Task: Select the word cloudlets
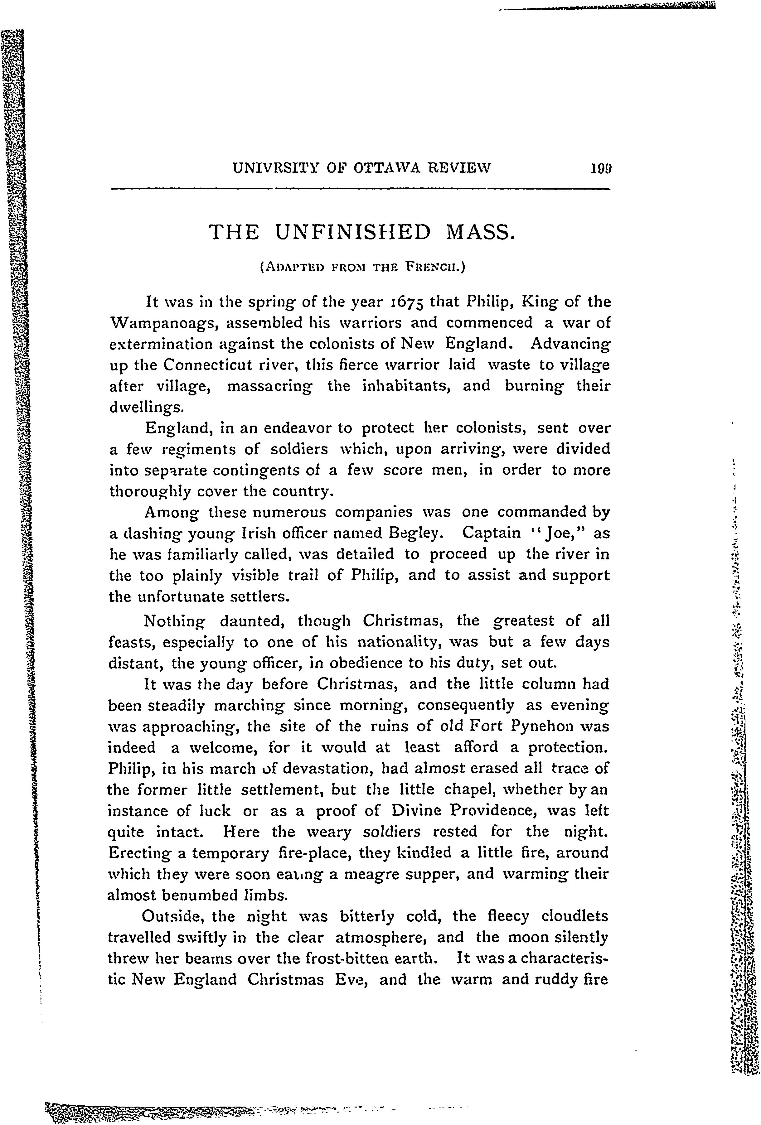click(574, 916)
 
